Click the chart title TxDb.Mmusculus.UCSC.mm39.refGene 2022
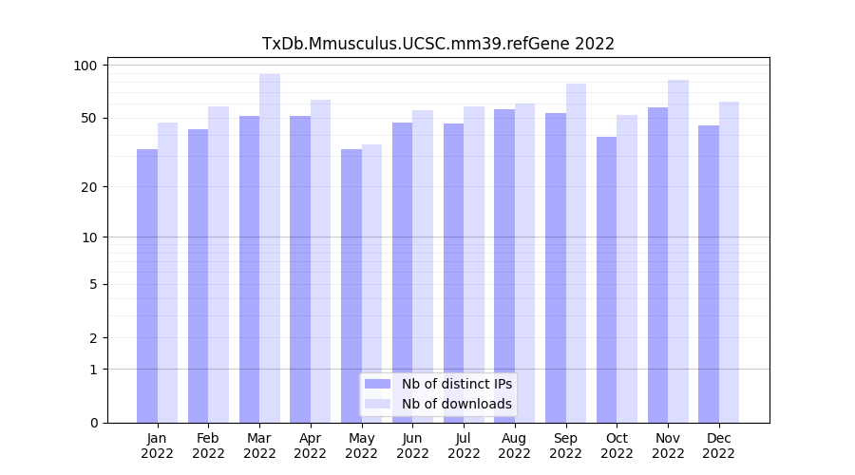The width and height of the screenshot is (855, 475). tap(438, 44)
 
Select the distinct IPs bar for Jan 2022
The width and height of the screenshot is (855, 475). tap(147, 285)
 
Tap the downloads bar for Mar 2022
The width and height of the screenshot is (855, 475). tap(270, 247)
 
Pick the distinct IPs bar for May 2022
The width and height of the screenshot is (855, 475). tap(351, 285)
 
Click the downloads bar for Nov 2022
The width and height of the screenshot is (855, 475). tap(678, 251)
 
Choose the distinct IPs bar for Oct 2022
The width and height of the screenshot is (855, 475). tap(606, 279)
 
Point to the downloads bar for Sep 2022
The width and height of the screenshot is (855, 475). tap(576, 253)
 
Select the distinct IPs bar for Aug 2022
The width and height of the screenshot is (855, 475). tap(504, 266)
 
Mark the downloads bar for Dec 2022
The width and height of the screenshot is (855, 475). tap(730, 261)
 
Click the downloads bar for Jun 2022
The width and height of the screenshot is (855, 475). tap(423, 266)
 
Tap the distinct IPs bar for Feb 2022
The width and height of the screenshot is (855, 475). tap(199, 275)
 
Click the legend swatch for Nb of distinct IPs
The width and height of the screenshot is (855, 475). tap(378, 384)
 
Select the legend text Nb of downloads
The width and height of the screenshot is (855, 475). tap(457, 404)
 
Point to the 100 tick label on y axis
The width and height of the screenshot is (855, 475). tap(86, 66)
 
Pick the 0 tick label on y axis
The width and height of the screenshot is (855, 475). tap(93, 423)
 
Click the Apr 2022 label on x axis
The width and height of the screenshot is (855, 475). tap(311, 446)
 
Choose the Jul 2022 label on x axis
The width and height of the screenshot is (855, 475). tap(464, 446)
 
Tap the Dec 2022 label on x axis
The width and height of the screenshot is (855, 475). tap(719, 446)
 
